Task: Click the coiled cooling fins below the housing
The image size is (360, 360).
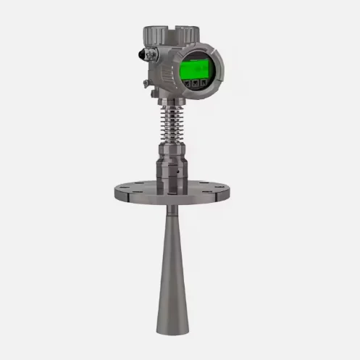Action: [x=169, y=123]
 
